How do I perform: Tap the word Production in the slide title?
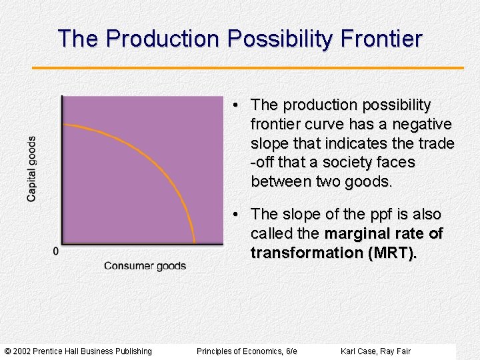162,39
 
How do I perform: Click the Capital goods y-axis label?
31,169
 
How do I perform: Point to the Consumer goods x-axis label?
145,266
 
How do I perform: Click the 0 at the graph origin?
55,251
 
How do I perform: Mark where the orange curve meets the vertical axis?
63,125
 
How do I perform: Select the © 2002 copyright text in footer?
78,351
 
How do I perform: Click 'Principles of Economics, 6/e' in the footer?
247,351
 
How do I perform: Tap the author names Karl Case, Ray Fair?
375,351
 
